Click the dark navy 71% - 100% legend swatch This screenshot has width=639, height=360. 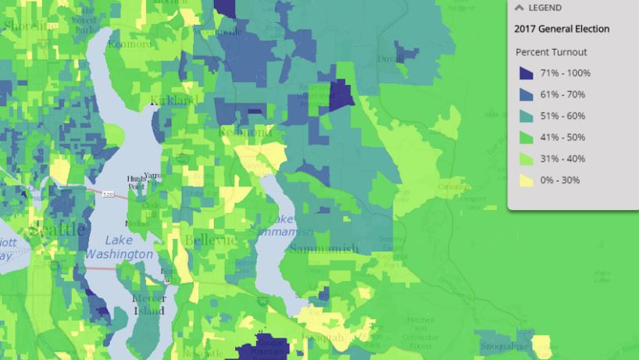click(527, 73)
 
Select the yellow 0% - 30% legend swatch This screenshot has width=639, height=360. click(527, 180)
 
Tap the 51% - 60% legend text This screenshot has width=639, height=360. click(562, 116)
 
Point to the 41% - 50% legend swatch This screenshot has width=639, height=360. click(527, 137)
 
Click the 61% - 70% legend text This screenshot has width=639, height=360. click(562, 94)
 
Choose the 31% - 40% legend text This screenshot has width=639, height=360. click(562, 159)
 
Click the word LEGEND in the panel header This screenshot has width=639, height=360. click(544, 8)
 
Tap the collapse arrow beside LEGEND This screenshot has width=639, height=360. click(519, 8)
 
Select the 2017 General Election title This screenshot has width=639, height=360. click(562, 29)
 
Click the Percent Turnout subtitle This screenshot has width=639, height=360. click(552, 52)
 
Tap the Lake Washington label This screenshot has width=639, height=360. click(118, 248)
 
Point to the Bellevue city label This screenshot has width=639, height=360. click(211, 240)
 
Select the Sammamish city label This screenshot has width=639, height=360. click(323, 249)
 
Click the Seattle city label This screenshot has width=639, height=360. click(56, 230)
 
